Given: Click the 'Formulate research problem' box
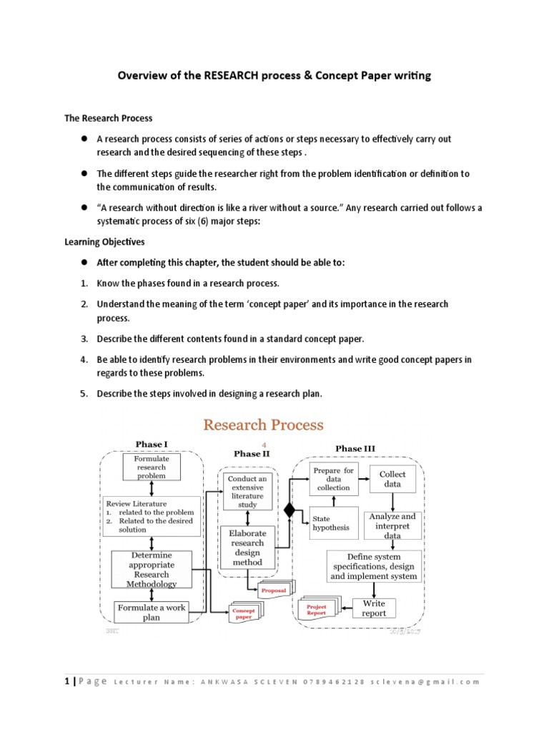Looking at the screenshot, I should click(x=151, y=467).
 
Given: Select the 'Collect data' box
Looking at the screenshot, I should click(x=392, y=479).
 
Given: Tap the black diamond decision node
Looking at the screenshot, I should click(x=290, y=510).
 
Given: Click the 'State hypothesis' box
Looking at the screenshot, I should click(x=331, y=523).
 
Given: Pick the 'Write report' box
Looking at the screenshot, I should click(x=373, y=608).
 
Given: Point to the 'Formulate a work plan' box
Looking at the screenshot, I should click(x=151, y=612).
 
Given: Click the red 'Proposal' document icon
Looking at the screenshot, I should click(x=273, y=590).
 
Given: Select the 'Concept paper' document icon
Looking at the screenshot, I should click(x=244, y=612).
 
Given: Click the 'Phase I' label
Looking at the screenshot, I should click(x=151, y=445).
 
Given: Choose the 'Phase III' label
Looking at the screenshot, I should click(x=355, y=448).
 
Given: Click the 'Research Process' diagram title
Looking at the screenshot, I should click(x=263, y=424).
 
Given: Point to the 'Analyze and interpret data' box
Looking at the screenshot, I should click(x=392, y=525).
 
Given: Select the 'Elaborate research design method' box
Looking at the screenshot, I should click(x=247, y=548).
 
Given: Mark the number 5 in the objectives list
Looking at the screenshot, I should click(x=83, y=394).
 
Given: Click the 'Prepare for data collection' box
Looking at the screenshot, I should click(x=334, y=479).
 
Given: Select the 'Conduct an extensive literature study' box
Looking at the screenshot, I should click(x=247, y=490).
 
